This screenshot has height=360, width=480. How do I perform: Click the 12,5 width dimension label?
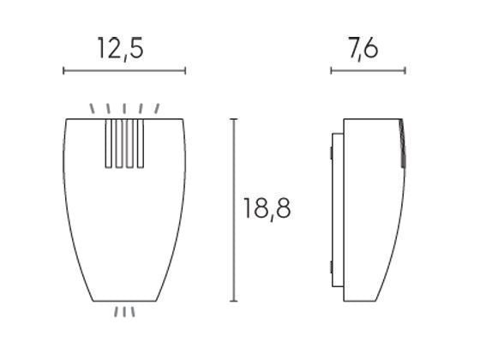(119, 48)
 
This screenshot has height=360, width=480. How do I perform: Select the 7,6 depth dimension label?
(364, 48)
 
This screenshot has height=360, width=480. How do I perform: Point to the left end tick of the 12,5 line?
(64, 71)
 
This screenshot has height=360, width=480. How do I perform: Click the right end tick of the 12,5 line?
(185, 71)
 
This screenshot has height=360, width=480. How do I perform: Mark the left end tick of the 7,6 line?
(331, 71)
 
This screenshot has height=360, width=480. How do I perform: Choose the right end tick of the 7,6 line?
(405, 71)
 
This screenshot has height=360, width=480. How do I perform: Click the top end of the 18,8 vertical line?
(234, 119)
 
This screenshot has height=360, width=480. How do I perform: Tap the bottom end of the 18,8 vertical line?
(234, 301)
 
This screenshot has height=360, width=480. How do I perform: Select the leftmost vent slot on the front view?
(108, 142)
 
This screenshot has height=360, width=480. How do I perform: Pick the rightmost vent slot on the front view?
(136, 142)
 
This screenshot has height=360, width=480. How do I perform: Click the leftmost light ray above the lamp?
(93, 109)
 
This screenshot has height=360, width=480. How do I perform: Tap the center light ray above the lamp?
(125, 108)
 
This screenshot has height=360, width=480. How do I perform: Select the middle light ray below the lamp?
(125, 312)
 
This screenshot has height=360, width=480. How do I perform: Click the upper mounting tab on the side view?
(331, 153)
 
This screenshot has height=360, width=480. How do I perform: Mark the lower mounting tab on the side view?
(331, 264)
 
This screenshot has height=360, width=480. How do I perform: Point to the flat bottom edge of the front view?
(125, 301)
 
